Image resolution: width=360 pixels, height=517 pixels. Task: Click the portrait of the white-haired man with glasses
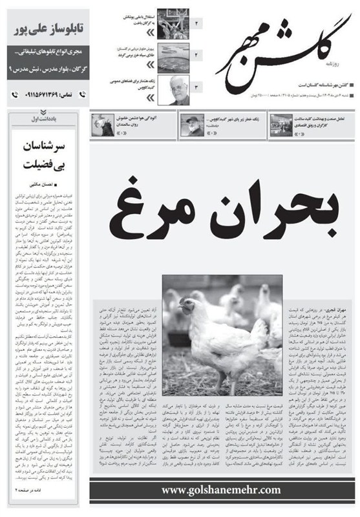click(173, 90)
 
